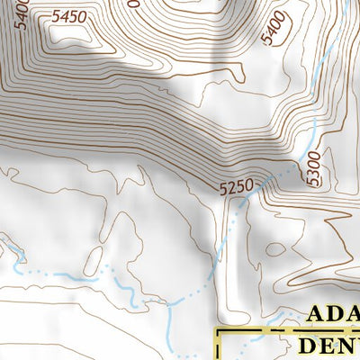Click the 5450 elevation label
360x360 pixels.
tap(69, 17)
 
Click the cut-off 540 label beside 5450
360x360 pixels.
tap(22, 13)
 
